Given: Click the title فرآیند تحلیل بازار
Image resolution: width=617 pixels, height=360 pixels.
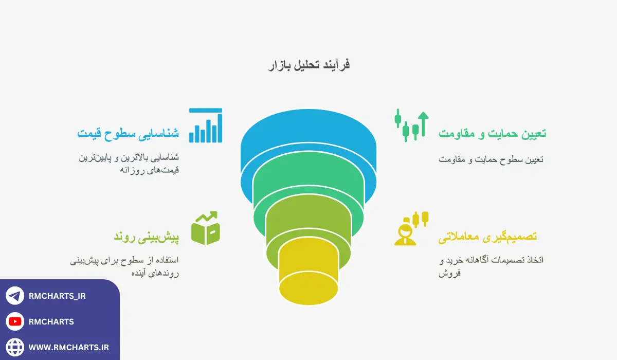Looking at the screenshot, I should [308, 65].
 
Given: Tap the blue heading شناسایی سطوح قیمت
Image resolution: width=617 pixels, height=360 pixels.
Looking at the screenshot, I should [128, 134].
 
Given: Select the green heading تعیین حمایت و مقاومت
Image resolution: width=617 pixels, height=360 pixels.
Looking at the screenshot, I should [492, 134].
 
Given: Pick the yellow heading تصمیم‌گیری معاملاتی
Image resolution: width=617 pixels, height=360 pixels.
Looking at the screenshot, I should [487, 237].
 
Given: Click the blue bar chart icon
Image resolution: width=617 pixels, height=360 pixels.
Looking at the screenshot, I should [206, 125].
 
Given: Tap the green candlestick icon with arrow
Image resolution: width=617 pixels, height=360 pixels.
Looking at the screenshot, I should [411, 125].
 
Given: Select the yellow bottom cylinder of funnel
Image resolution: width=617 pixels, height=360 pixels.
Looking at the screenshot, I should [308, 278].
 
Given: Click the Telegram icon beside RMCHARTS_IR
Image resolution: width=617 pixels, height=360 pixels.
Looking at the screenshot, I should [15, 296].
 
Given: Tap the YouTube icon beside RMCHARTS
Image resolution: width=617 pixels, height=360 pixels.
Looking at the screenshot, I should [15, 321].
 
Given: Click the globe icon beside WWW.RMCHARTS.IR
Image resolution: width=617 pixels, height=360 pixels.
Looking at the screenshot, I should [15, 347].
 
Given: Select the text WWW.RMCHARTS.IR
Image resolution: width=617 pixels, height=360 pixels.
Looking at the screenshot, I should [68, 347].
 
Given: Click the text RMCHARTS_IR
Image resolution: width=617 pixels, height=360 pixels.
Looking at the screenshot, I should [57, 296].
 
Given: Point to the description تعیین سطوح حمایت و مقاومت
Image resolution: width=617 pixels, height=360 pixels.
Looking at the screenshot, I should [491, 159].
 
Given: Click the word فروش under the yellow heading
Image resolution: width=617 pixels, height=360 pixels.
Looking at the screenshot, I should [449, 273].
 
